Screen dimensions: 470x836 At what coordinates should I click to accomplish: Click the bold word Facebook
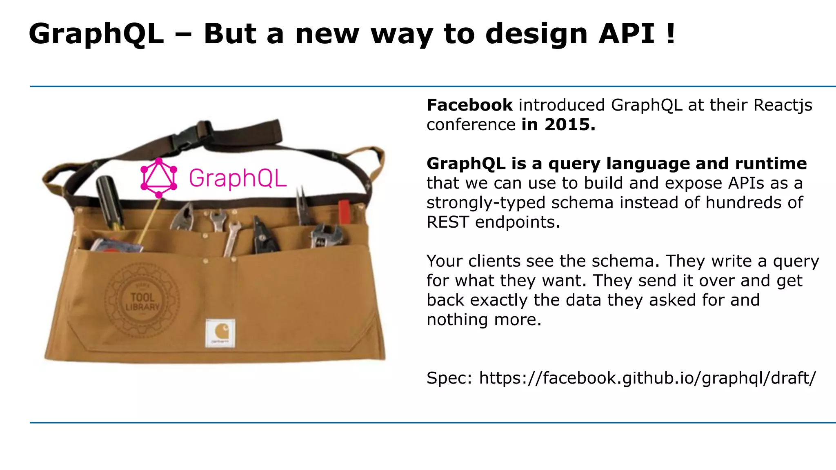point(469,105)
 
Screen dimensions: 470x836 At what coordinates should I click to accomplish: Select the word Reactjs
point(783,105)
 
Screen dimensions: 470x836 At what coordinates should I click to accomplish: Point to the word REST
point(448,222)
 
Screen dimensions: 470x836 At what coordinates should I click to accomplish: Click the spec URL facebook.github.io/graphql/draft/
point(647,378)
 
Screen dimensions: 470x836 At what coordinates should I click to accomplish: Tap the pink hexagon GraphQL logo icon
point(159,178)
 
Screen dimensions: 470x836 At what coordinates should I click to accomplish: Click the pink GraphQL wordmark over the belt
point(238,178)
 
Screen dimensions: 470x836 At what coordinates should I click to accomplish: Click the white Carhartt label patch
point(220,333)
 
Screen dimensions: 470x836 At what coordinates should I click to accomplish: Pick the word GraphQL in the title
point(96,33)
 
